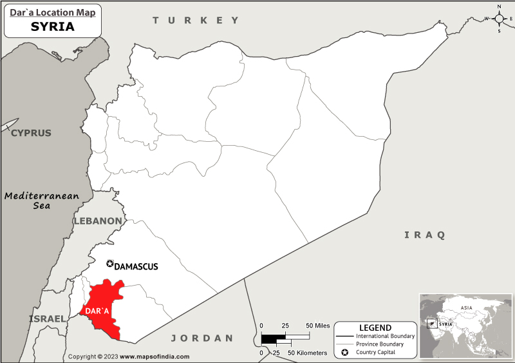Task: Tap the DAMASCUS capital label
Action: [136, 266]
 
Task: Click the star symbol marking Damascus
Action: [109, 264]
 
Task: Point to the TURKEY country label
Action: [196, 21]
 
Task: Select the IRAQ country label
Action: [424, 235]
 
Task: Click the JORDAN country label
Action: [201, 338]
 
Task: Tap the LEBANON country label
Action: [97, 221]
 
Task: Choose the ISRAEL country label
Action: [47, 319]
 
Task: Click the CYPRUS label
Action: [30, 133]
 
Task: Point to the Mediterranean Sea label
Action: [41, 201]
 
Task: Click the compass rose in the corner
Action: [499, 18]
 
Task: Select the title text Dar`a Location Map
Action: [53, 12]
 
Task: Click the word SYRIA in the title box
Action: [52, 27]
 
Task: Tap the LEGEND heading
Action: [375, 328]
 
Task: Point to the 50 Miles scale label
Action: [319, 326]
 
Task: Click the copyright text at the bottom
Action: [129, 357]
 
